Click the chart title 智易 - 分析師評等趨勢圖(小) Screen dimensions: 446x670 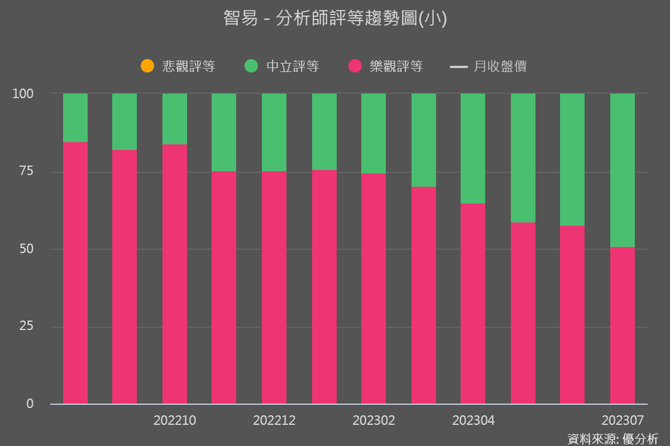[x=335, y=19]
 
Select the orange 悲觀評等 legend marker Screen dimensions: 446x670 [x=147, y=66]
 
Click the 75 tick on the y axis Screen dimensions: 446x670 [x=28, y=172]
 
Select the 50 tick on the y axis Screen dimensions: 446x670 [x=28, y=250]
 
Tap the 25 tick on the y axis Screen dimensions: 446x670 [x=28, y=327]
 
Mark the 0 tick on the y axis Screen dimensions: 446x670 [x=30, y=404]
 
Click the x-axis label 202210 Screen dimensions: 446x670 [x=174, y=420]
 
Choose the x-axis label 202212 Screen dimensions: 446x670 [x=274, y=420]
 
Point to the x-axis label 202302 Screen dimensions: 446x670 [x=374, y=420]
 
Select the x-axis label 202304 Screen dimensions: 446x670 [x=473, y=420]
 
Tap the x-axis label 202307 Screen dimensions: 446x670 [x=622, y=420]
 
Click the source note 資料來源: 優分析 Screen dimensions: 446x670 [x=613, y=438]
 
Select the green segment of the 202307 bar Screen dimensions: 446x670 [x=622, y=170]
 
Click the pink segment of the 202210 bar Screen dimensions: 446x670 [x=174, y=274]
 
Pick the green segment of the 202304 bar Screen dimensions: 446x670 [x=473, y=148]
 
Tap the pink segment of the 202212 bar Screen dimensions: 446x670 [x=274, y=287]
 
